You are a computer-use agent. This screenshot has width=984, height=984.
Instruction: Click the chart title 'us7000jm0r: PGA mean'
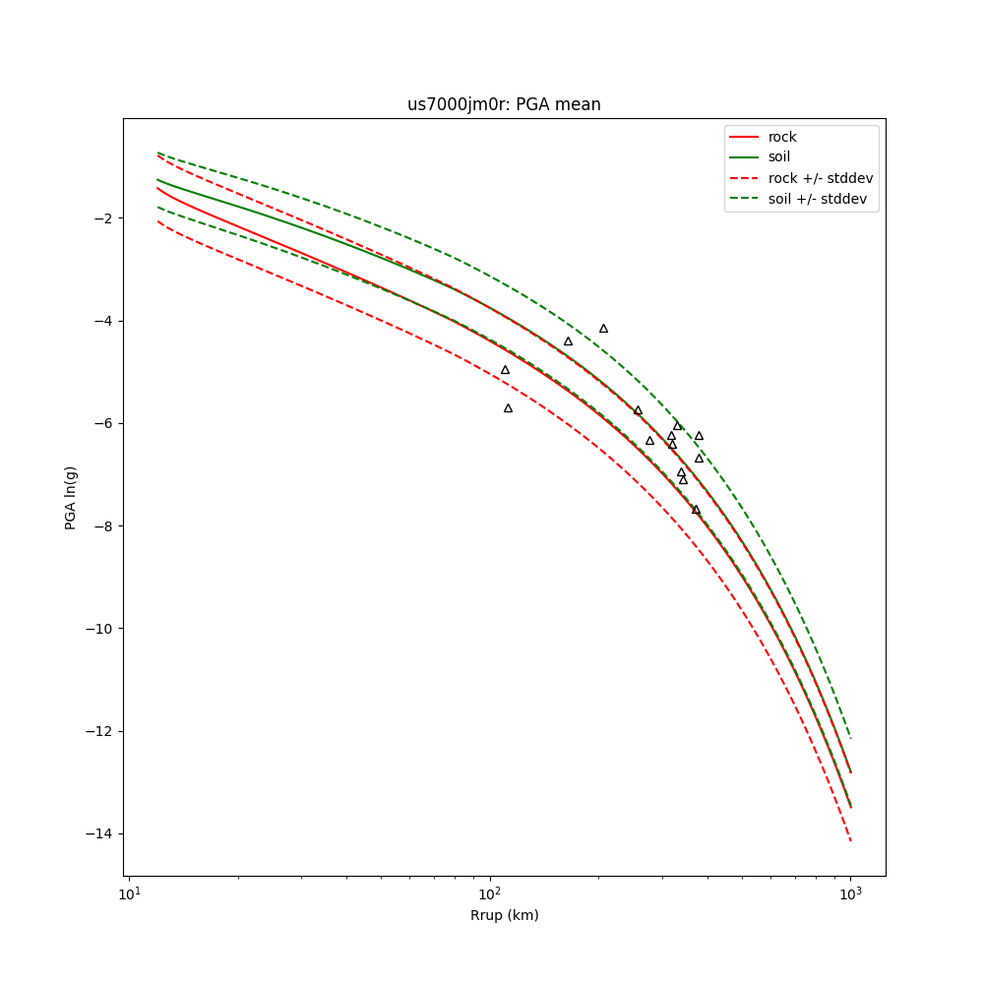click(504, 104)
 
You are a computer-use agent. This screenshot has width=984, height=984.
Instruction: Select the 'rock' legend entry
click(782, 137)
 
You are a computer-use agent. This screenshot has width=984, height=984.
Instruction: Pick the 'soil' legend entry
click(779, 157)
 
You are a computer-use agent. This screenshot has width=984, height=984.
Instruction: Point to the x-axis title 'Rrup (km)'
click(504, 915)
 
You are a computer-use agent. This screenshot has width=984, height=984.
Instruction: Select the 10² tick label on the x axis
click(489, 893)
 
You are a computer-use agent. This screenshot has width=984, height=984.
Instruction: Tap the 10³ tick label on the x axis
click(850, 893)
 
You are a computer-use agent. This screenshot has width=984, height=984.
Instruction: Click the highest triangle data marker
click(603, 329)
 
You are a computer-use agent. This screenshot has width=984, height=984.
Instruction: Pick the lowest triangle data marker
click(696, 510)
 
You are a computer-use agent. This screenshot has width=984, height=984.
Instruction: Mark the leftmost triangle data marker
click(505, 370)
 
